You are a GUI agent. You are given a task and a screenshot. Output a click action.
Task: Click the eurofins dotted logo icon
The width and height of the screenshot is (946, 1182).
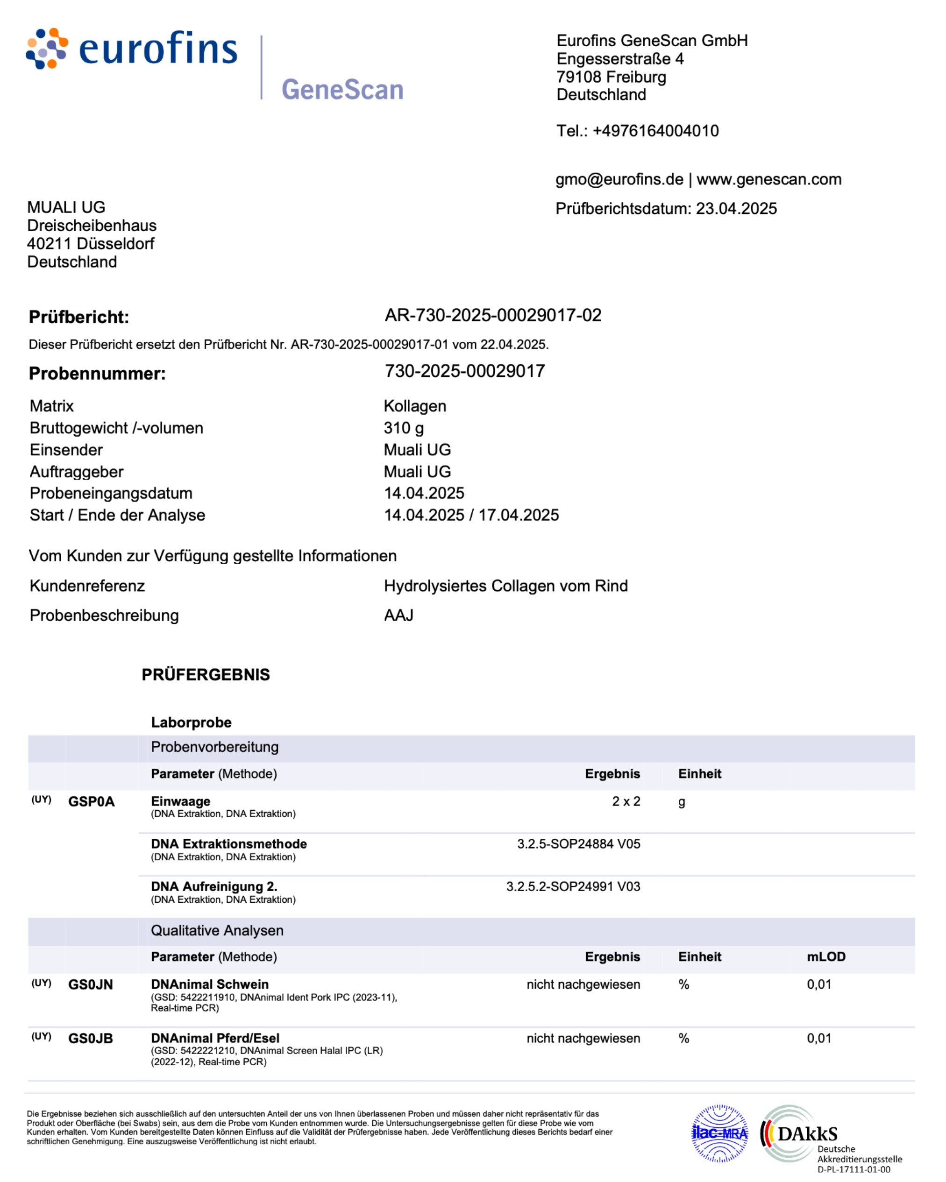click(47, 49)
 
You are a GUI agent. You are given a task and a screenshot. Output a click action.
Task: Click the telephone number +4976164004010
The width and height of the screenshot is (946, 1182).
click(655, 131)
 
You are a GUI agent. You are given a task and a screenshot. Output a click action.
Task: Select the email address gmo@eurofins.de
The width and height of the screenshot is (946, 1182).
click(619, 179)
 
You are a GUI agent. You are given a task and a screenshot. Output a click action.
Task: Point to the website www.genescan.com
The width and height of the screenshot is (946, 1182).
click(769, 179)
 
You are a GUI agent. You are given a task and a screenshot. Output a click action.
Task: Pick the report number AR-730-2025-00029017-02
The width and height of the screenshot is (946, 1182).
click(493, 315)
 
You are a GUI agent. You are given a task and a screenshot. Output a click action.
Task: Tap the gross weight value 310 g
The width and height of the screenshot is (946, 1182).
click(404, 428)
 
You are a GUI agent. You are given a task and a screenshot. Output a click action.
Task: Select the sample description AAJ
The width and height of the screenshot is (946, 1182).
click(398, 616)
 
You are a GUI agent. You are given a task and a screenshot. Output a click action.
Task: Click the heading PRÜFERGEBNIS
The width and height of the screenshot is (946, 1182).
click(206, 675)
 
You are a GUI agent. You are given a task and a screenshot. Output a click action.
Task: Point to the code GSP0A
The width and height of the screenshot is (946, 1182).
click(91, 802)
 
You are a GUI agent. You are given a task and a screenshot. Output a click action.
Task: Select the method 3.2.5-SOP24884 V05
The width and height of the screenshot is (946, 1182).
click(578, 844)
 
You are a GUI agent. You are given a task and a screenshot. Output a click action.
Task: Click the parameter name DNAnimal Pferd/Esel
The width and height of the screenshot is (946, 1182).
click(215, 1038)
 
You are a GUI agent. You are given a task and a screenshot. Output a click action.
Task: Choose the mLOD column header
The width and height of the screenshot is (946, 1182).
click(826, 957)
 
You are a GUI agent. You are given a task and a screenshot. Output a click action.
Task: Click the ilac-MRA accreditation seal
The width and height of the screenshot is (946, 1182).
click(719, 1133)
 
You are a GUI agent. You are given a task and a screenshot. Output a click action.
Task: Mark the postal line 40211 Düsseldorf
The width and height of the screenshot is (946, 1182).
click(91, 244)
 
